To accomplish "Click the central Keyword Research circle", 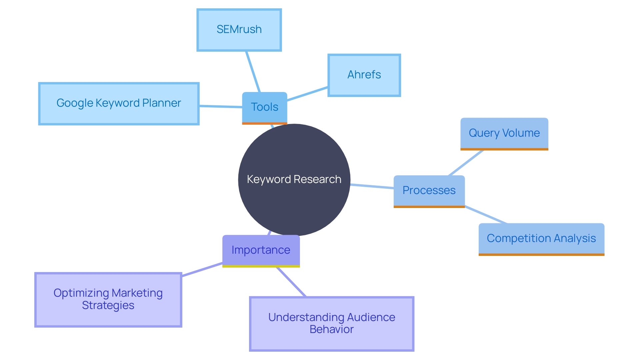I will click(294, 180).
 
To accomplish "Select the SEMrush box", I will click(239, 30).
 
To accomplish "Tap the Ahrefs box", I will click(364, 75).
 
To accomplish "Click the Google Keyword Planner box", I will click(119, 104).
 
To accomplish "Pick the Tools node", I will click(264, 107).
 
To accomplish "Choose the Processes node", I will click(429, 191).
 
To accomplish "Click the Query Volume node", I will click(504, 133).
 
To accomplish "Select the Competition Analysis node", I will click(541, 239).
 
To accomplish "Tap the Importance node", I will click(261, 250).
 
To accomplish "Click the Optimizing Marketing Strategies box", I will click(108, 299).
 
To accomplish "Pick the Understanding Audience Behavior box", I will click(331, 323).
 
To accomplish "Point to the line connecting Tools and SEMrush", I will click(253, 71).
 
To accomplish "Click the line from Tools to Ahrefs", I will click(307, 94).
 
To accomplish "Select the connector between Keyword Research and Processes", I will click(372, 186).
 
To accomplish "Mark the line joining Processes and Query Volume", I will click(466, 163).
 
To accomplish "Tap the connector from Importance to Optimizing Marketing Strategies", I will click(202, 270).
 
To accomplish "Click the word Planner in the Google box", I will click(162, 103).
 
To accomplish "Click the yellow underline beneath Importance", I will click(261, 266).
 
